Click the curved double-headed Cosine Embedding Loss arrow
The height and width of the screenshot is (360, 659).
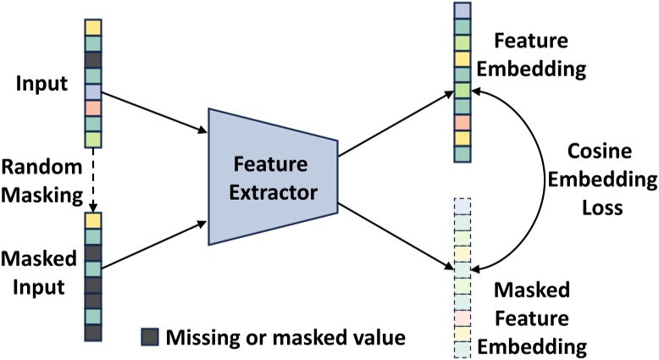coord(543,177)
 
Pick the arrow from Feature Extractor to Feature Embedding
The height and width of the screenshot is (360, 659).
coord(394,123)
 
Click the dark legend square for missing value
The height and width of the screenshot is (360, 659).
coord(149,337)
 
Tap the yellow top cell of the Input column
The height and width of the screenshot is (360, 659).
coord(92,27)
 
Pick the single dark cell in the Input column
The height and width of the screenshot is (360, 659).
coord(92,59)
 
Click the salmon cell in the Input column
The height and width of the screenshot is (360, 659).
coord(92,108)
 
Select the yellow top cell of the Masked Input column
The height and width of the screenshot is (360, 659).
coord(92,220)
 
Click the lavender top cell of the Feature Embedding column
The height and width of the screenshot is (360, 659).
coord(462,10)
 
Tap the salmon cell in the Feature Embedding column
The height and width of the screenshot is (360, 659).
coord(462,123)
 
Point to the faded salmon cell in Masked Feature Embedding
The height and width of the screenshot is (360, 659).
coord(462,318)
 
